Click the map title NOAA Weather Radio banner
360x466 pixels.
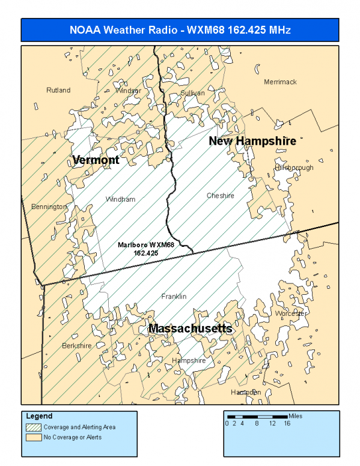[x=180, y=30]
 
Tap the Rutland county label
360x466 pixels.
[x=58, y=90]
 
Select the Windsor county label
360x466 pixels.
[x=128, y=91]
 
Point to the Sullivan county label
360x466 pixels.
[x=192, y=93]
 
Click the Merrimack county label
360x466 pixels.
[x=280, y=82]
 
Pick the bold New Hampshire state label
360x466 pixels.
[x=252, y=141]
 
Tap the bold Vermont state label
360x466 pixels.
[x=96, y=160]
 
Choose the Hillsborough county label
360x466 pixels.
[x=294, y=168]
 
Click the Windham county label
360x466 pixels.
[x=120, y=199]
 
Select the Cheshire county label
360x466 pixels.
[x=220, y=196]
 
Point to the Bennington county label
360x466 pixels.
[x=49, y=207]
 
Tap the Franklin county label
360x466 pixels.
[x=174, y=297]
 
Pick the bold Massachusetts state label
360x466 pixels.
[x=190, y=328]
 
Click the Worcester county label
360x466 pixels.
[x=291, y=313]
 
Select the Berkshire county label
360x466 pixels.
[x=77, y=346]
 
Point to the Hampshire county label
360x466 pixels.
[x=189, y=360]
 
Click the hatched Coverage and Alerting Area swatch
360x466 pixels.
[x=33, y=427]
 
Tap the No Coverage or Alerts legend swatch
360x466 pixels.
[x=33, y=437]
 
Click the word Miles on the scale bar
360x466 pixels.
[x=296, y=416]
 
